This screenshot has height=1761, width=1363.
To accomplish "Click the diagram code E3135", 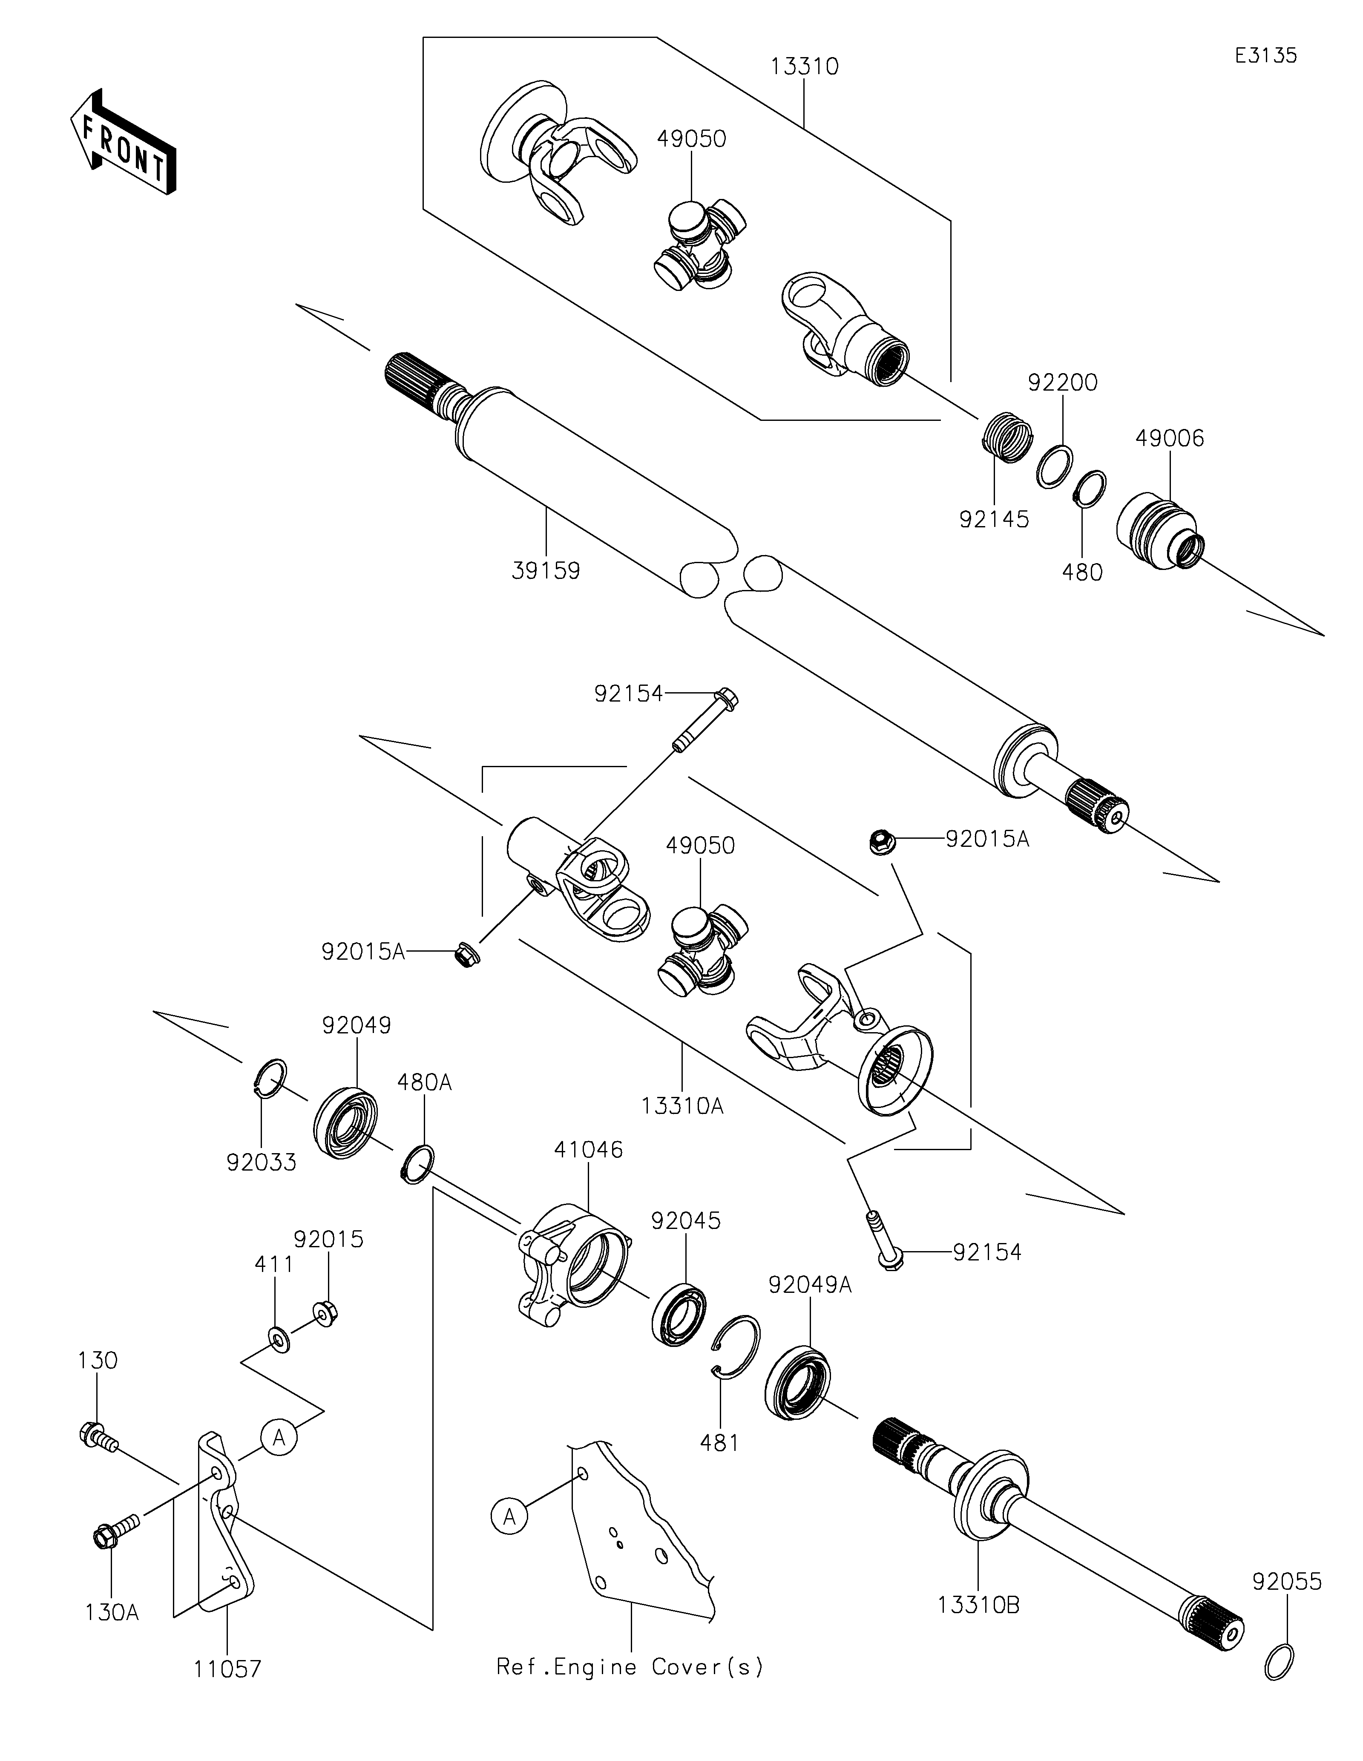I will pyautogui.click(x=1265, y=56).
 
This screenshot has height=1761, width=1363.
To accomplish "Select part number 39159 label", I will pyautogui.click(x=546, y=571).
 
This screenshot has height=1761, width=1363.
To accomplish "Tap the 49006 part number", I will pyautogui.click(x=1170, y=439).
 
